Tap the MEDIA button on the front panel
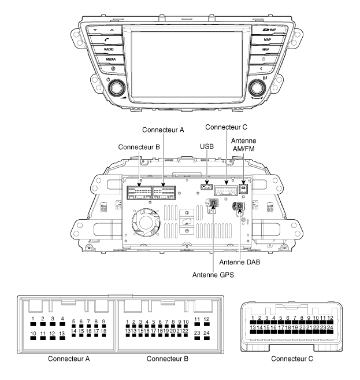click(109, 59)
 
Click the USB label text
click(207, 146)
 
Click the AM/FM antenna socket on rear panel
click(243, 188)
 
